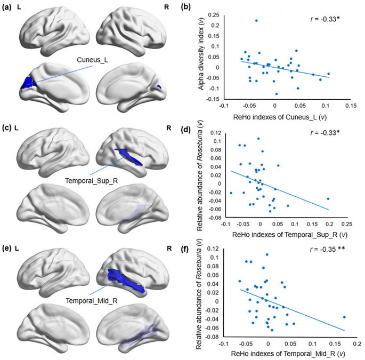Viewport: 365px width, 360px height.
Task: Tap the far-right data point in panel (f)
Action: pos(344,317)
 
